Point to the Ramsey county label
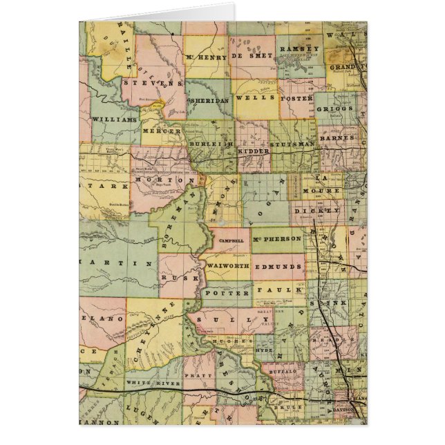coord(299,49)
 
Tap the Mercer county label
coord(157,130)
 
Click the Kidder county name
coord(249,150)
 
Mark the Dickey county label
coord(316,209)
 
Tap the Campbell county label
coord(231,240)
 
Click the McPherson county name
coord(277,239)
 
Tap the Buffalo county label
coord(283,371)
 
